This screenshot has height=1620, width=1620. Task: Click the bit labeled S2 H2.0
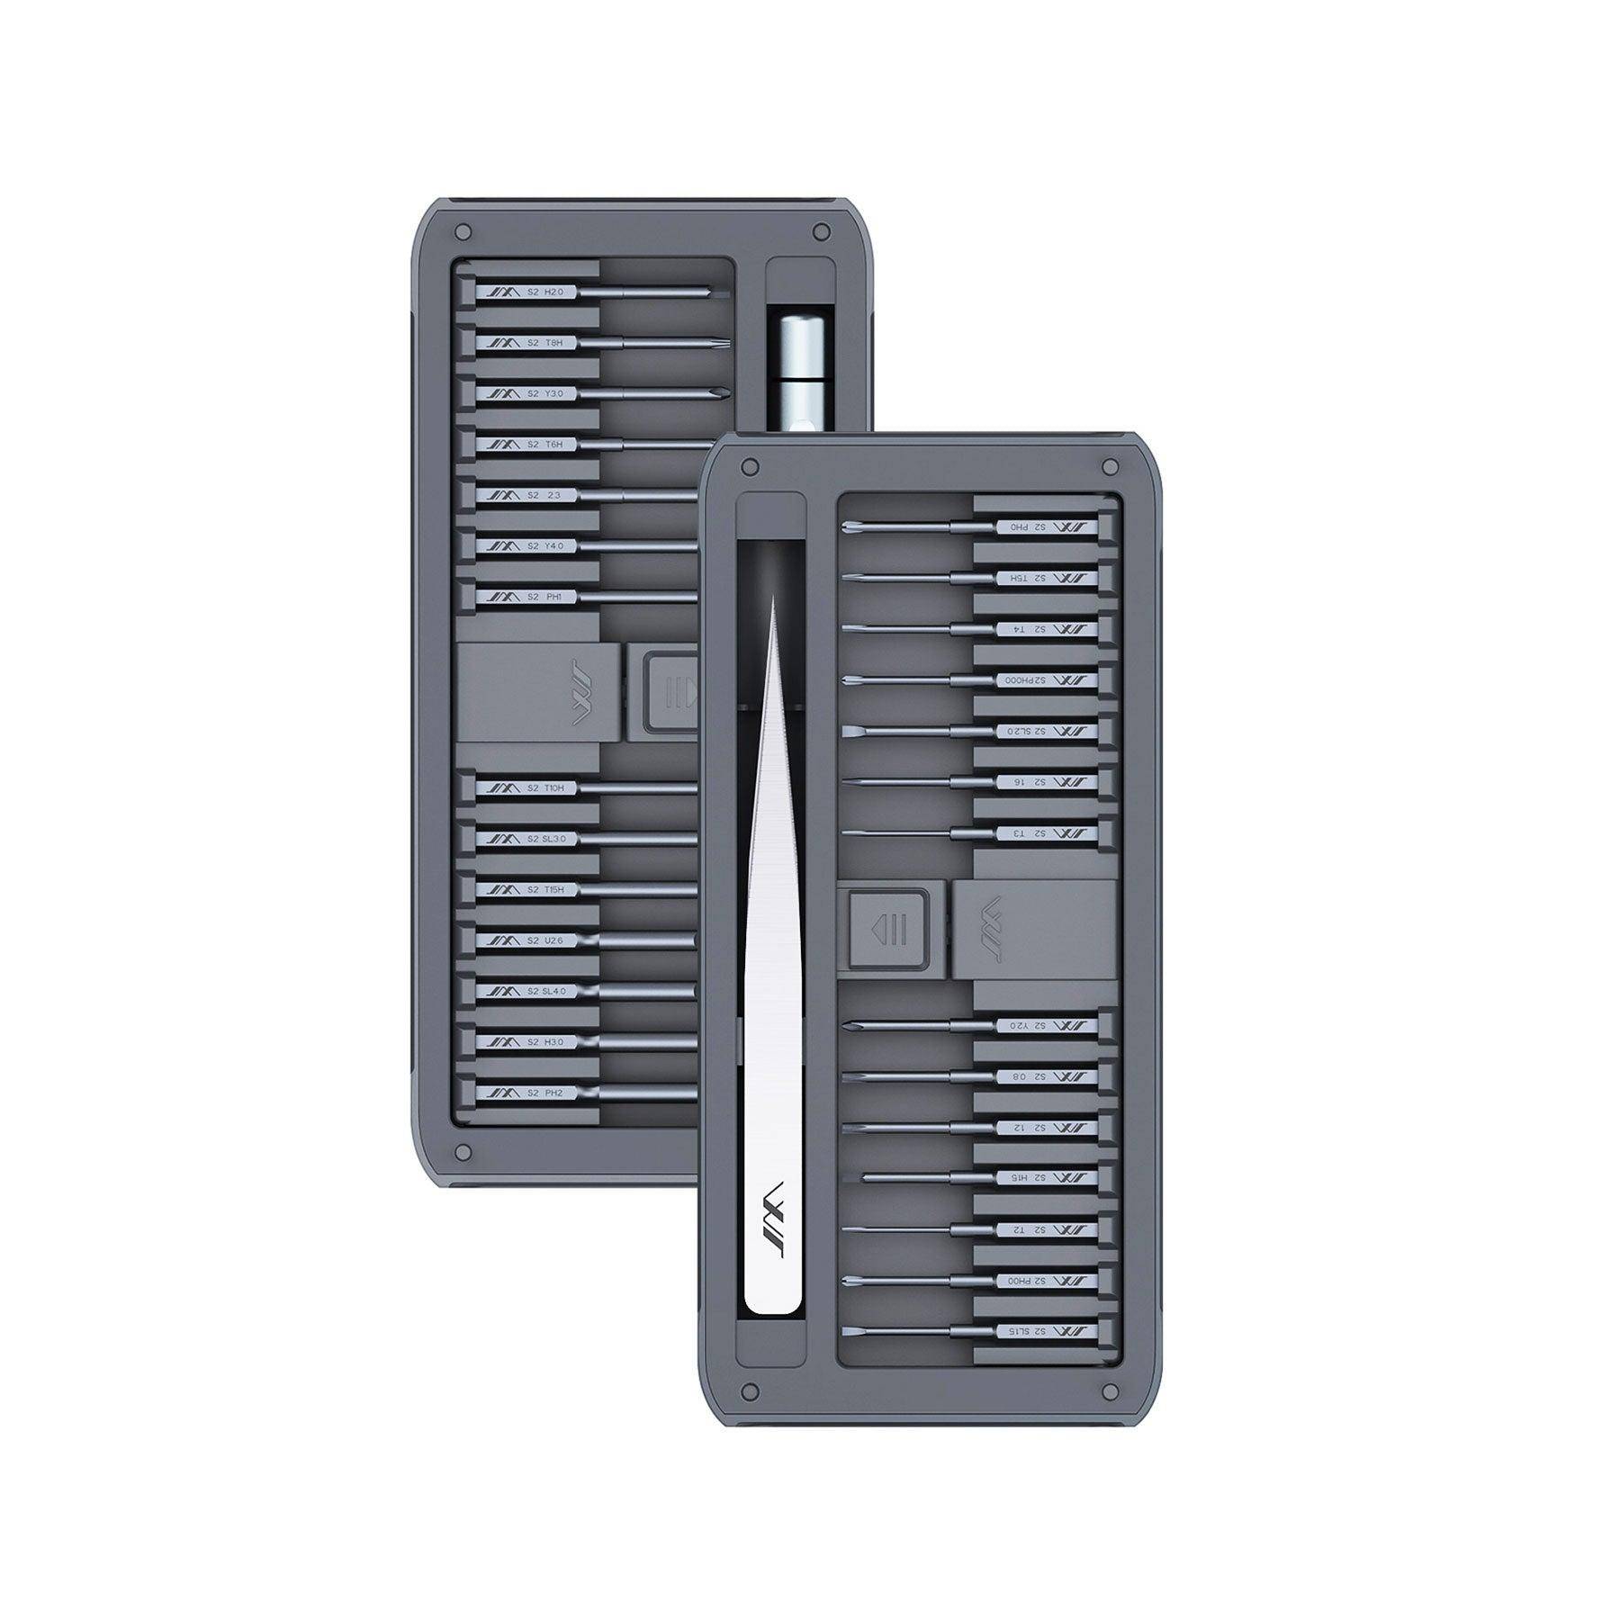pyautogui.click(x=540, y=292)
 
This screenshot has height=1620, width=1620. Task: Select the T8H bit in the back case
pyautogui.click(x=540, y=342)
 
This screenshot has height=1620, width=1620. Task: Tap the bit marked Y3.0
pyautogui.click(x=540, y=393)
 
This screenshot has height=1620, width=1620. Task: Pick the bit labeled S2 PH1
pyautogui.click(x=540, y=596)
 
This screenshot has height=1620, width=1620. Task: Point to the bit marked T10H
pyautogui.click(x=540, y=787)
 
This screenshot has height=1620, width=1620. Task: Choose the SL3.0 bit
pyautogui.click(x=540, y=839)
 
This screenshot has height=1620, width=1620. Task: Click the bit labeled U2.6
pyautogui.click(x=540, y=940)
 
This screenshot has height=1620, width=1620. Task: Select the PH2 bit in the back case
pyautogui.click(x=540, y=1093)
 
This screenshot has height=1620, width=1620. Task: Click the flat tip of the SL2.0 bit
pyautogui.click(x=849, y=731)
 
